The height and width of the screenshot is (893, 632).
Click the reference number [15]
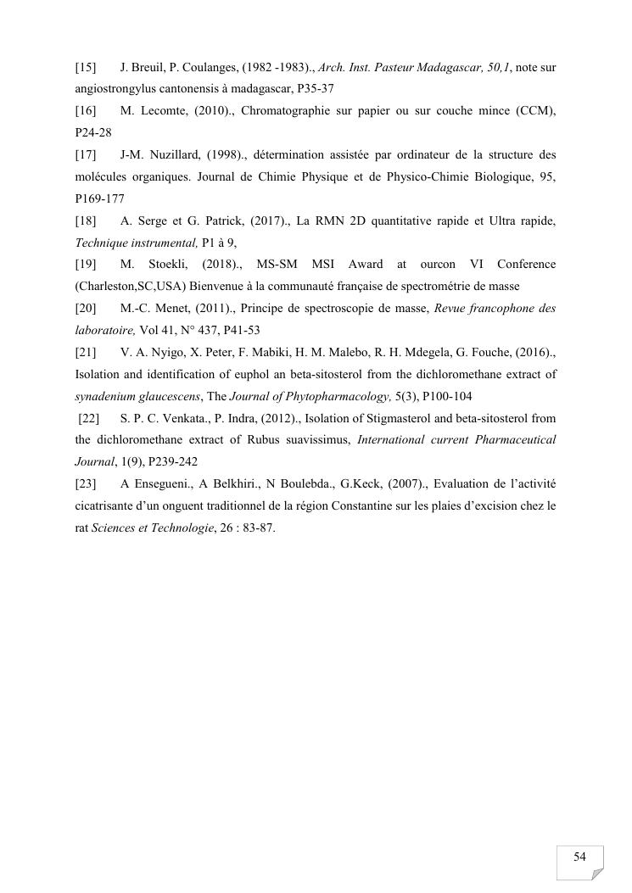click(x=86, y=66)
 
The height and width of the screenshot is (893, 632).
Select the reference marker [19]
click(x=86, y=265)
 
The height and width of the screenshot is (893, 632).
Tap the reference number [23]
click(x=86, y=483)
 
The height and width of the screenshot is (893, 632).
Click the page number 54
click(x=579, y=857)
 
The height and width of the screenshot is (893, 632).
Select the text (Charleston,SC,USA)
click(x=130, y=287)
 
